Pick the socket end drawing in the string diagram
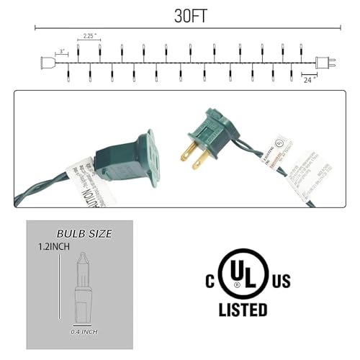(50, 63)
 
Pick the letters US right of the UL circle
(281, 279)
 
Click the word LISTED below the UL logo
(243, 310)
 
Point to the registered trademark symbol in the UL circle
(258, 288)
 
